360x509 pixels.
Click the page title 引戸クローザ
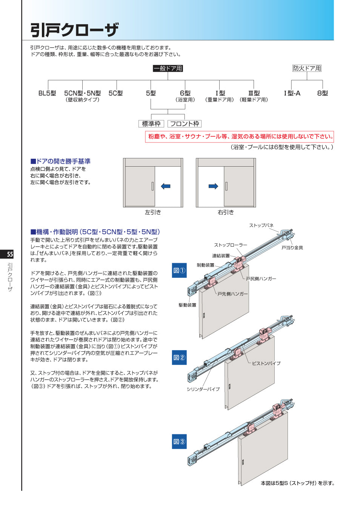(74, 30)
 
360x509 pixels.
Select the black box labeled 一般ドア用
(168, 68)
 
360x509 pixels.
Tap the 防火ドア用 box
(307, 68)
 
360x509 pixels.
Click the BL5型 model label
(47, 93)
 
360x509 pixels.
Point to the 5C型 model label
(115, 93)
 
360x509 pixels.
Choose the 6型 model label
(185, 93)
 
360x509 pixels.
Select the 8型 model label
(322, 93)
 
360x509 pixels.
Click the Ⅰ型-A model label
(292, 93)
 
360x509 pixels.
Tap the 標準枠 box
(151, 124)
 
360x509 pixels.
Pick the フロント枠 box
(185, 124)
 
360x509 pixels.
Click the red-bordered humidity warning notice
(240, 136)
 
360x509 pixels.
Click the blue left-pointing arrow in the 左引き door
(165, 186)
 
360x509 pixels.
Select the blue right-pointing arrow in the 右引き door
(213, 186)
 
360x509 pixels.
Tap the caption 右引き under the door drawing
(226, 212)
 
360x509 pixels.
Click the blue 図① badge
(179, 270)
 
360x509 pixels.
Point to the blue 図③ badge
(179, 442)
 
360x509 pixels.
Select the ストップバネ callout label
(261, 225)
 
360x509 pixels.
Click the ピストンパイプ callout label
(266, 363)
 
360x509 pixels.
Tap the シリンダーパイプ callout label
(203, 389)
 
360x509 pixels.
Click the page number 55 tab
(10, 254)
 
